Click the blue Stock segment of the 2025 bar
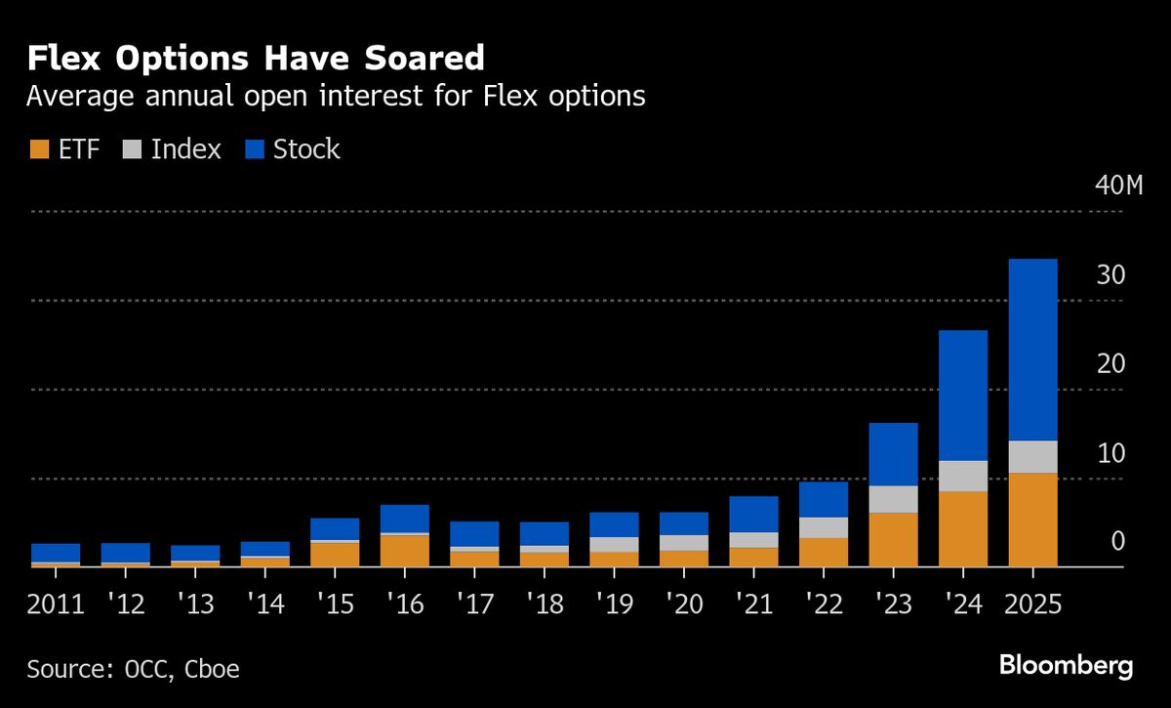coord(1032,350)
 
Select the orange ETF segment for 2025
coord(1032,520)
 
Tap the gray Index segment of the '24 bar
coord(963,476)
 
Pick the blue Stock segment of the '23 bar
coord(893,454)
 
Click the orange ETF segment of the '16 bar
coord(405,551)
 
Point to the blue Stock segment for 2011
coord(56,553)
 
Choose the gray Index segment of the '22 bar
coord(824,527)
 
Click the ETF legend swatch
coord(39,149)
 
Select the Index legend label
coord(186,149)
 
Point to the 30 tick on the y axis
coord(1111,275)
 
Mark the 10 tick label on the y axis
coord(1111,453)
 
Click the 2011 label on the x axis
coord(56,604)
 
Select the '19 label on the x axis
coord(613,604)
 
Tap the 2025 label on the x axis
coord(1032,604)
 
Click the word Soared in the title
coord(424,59)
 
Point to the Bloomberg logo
coord(1066,667)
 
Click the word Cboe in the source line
coord(208,669)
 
